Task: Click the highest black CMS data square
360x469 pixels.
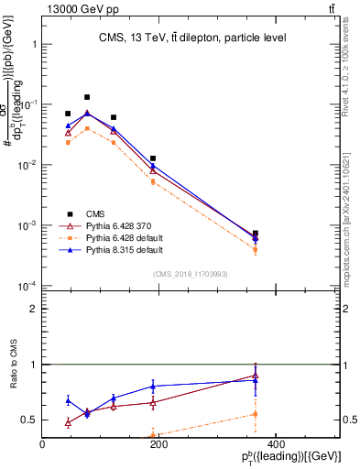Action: [87, 97]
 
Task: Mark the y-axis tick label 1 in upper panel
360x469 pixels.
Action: [33, 44]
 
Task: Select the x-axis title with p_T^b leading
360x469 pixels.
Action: [292, 458]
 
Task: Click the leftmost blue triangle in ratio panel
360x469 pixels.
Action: [68, 400]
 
